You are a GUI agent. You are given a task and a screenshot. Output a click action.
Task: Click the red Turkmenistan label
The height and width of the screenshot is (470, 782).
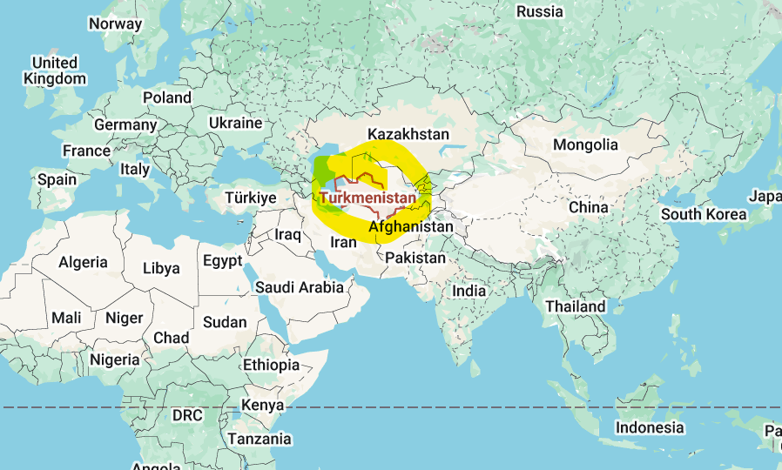(367, 198)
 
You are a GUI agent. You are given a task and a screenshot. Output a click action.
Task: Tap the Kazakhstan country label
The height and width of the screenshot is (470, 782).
(408, 134)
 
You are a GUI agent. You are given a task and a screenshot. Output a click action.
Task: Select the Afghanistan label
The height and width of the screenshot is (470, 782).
(411, 227)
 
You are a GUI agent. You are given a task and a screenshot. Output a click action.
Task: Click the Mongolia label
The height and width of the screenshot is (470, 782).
(586, 144)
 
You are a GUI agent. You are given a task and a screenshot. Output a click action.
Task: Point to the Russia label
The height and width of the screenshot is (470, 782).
(540, 11)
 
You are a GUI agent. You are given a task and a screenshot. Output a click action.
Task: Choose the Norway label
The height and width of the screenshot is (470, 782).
(115, 23)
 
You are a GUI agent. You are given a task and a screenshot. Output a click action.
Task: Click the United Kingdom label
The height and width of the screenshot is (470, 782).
(55, 70)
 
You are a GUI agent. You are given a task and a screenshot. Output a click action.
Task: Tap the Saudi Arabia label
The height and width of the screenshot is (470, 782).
(300, 287)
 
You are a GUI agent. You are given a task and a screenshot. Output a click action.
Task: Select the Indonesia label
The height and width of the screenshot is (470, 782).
(650, 427)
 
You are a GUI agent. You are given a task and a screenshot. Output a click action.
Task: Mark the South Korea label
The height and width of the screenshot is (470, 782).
(704, 214)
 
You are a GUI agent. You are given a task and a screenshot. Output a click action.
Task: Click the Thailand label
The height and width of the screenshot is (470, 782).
(576, 306)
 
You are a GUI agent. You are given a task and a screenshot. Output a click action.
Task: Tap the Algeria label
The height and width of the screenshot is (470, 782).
(84, 262)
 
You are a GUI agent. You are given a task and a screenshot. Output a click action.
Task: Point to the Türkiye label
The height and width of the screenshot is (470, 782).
(251, 198)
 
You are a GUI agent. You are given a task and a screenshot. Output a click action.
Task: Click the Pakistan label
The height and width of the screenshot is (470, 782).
(415, 258)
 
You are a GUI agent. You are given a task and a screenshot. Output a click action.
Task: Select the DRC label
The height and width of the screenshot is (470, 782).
(187, 415)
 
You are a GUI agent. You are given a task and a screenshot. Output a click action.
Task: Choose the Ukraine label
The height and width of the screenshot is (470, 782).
(235, 123)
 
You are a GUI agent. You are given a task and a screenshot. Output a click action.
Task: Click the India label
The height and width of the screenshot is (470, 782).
(469, 291)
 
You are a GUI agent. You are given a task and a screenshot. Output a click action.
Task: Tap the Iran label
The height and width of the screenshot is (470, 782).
(344, 242)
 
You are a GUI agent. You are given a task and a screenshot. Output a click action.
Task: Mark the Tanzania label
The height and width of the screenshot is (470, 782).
(260, 439)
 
